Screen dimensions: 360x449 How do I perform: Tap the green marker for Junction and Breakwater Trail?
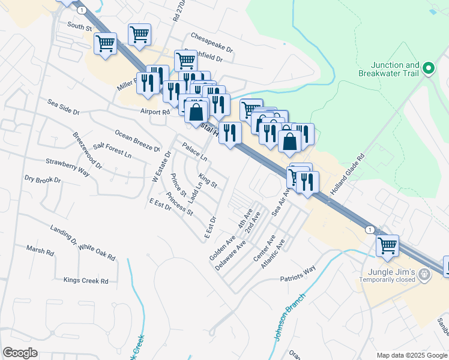(429, 69)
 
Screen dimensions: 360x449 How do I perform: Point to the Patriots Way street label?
(298, 272)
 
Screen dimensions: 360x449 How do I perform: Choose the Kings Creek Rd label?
(86, 280)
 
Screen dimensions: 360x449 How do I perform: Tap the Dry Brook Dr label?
(43, 179)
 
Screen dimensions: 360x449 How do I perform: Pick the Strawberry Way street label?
(67, 167)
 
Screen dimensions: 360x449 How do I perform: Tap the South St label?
(79, 28)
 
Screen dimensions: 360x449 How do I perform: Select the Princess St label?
(180, 205)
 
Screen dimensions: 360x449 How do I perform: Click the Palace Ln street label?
(194, 152)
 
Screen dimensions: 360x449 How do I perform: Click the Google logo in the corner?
(20, 353)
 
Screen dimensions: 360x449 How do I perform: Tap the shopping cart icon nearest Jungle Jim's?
(388, 245)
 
